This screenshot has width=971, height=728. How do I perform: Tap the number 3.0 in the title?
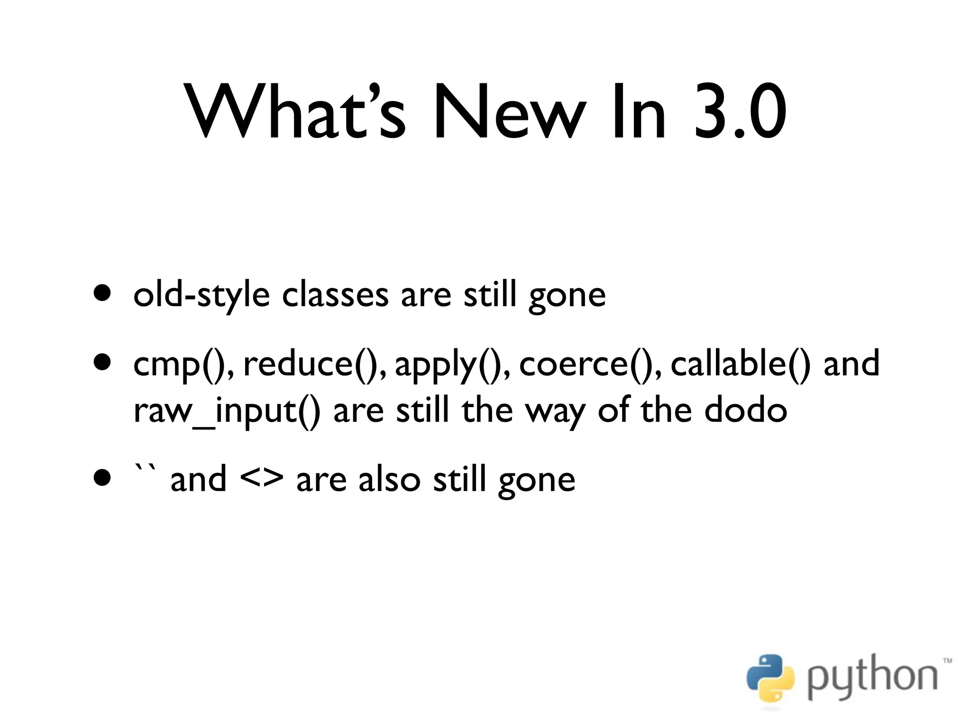(740, 112)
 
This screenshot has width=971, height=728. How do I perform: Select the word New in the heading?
(507, 112)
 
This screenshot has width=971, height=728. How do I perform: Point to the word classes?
(335, 295)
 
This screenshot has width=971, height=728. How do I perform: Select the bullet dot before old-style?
(102, 293)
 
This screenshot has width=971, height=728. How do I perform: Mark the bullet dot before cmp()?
(102, 363)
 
